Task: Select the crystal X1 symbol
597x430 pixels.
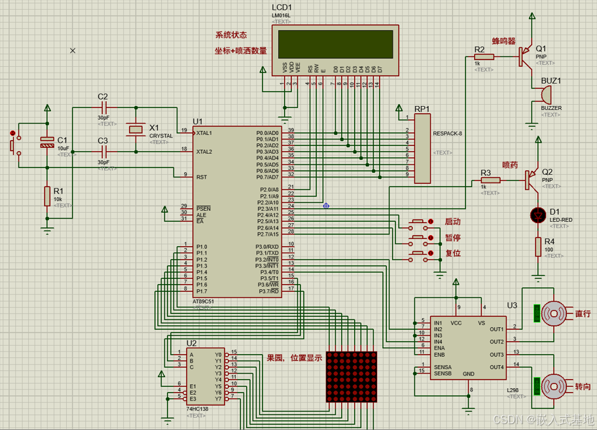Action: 136,130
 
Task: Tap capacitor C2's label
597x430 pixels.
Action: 103,97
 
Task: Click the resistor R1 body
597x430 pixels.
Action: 47,196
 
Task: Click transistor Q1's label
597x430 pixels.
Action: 541,48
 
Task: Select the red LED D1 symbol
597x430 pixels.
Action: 539,214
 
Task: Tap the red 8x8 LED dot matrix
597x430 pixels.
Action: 352,377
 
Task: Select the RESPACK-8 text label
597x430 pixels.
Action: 448,134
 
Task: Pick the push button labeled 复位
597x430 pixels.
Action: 421,253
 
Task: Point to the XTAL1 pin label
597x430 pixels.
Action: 204,133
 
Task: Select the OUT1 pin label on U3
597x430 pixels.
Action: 496,329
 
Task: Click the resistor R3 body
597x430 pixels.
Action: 490,180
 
